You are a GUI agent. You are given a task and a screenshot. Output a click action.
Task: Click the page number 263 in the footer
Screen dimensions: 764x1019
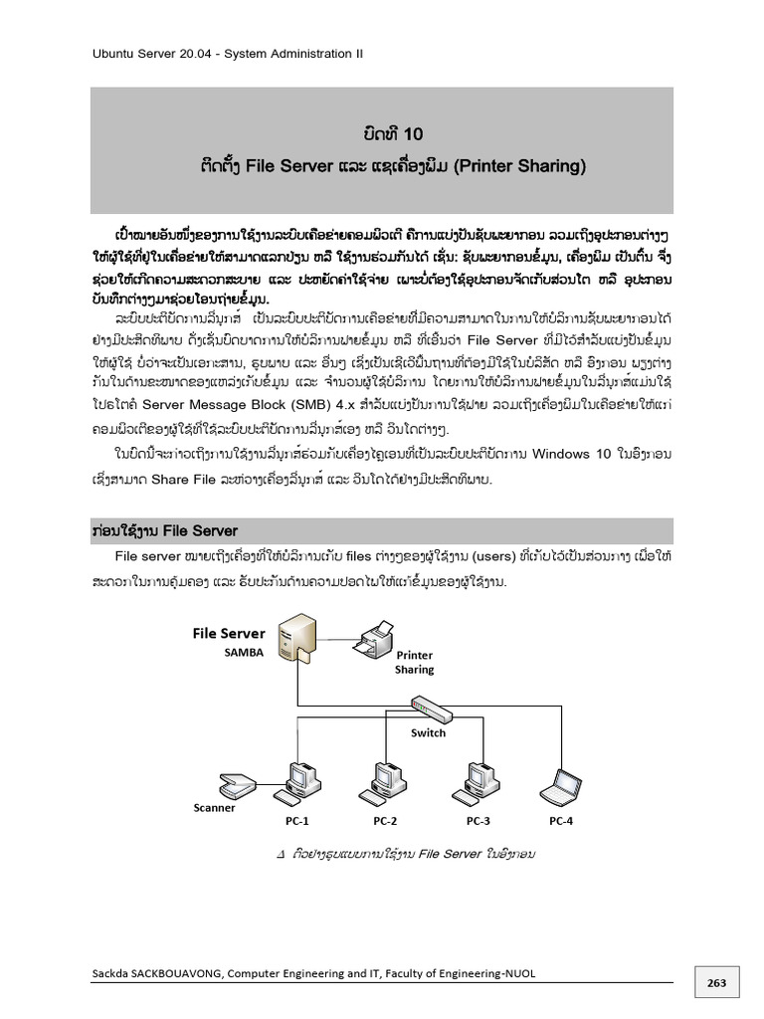717,983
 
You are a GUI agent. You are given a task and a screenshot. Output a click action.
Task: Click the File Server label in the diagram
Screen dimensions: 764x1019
229,633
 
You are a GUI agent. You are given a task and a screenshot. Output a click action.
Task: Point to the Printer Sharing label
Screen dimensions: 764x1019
415,663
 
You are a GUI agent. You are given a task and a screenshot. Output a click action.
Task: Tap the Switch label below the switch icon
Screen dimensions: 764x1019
428,732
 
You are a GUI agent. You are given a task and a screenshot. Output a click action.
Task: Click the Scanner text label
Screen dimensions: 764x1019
214,807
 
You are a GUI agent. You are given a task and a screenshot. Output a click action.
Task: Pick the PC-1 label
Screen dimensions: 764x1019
297,821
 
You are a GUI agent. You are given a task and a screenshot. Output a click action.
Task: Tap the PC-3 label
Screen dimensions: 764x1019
477,821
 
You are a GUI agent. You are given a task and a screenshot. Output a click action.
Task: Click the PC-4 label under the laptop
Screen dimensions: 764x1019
561,821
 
